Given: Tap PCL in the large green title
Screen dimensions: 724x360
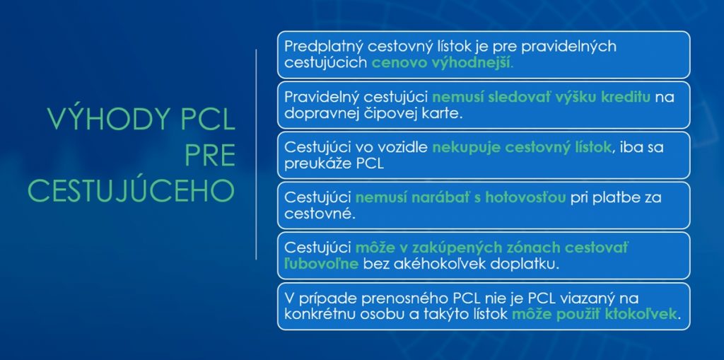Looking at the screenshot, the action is (208, 120).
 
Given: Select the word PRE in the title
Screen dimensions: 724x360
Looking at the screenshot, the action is (210, 156).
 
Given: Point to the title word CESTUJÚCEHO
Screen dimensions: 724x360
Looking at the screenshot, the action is (131, 190).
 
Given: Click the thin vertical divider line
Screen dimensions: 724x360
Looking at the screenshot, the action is (256, 154).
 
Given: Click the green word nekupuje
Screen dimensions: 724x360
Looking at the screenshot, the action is (466, 148).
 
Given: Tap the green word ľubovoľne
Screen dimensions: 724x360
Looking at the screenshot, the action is (322, 264).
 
